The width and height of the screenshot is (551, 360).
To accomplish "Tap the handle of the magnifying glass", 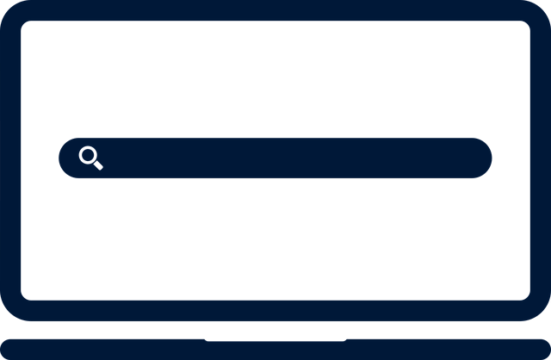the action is [x=97, y=164].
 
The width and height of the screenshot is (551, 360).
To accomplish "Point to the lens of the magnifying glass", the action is [x=88, y=155].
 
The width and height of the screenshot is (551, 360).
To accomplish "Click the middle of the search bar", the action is [x=275, y=158].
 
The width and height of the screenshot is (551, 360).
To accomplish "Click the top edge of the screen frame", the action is [x=275, y=10].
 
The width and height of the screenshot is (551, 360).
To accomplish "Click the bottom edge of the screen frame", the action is [x=275, y=311].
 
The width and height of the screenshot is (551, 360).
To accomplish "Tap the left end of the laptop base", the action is [x=9, y=349].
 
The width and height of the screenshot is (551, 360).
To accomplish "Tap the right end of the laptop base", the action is [x=542, y=349].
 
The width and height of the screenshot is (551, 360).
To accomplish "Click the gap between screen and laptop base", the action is [x=275, y=330].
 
